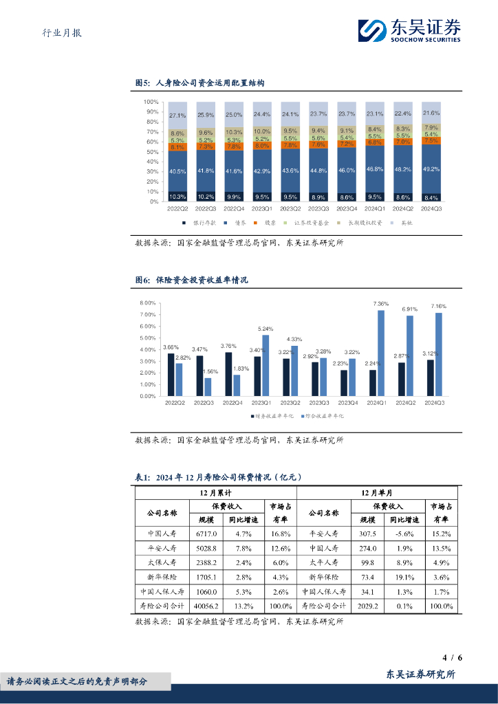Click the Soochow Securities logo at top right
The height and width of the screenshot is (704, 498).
(x=410, y=30)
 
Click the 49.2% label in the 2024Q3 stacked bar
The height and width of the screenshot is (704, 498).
(x=432, y=168)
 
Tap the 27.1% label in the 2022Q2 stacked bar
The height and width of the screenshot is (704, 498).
(x=177, y=115)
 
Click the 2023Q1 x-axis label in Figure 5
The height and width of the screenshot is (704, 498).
(x=262, y=208)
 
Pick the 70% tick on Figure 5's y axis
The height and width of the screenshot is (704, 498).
(x=151, y=131)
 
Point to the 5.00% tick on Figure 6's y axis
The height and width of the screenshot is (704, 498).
(x=147, y=338)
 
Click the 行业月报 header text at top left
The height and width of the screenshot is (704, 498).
(x=57, y=32)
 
